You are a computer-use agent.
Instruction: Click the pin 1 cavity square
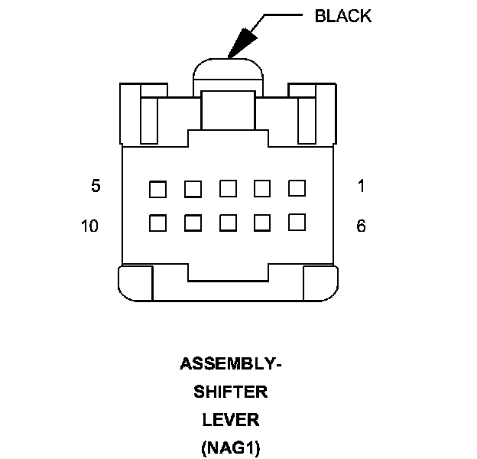click(297, 187)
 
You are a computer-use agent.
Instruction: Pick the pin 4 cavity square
click(193, 188)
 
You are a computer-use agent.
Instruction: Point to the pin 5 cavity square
click(158, 188)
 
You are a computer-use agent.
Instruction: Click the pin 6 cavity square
click(297, 222)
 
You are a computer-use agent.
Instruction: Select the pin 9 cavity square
click(193, 223)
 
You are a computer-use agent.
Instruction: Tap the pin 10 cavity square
click(158, 223)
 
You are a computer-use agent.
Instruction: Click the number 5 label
click(96, 186)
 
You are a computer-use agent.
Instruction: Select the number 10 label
click(89, 226)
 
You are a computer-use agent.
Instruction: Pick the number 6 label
click(361, 226)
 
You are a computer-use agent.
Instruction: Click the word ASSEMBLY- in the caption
click(231, 364)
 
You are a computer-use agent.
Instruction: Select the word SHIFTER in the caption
click(231, 392)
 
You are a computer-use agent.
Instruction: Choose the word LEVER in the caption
click(231, 420)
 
